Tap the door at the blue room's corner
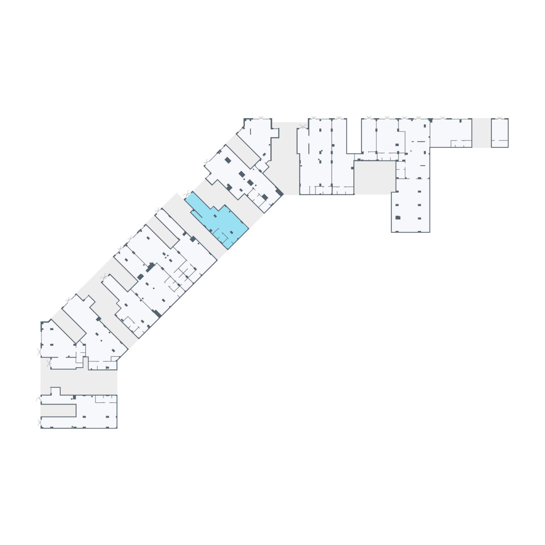pyautogui.click(x=187, y=194)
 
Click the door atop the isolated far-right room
pyautogui.click(x=500, y=118)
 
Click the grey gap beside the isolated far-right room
pyautogui.click(x=481, y=133)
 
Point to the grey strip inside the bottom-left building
pyautogui.click(x=58, y=410)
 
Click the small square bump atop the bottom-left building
pyautogui.click(x=55, y=391)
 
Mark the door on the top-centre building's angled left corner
pyautogui.click(x=303, y=127)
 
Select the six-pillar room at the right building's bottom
pyautogui.click(x=411, y=206)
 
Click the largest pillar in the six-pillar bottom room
pyautogui.click(x=398, y=218)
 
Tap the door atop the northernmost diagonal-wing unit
pyautogui.click(x=262, y=118)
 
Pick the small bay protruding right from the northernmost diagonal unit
pyautogui.click(x=275, y=133)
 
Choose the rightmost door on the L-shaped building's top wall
pyautogui.click(x=442, y=118)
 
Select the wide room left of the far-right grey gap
pyautogui.click(x=451, y=133)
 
